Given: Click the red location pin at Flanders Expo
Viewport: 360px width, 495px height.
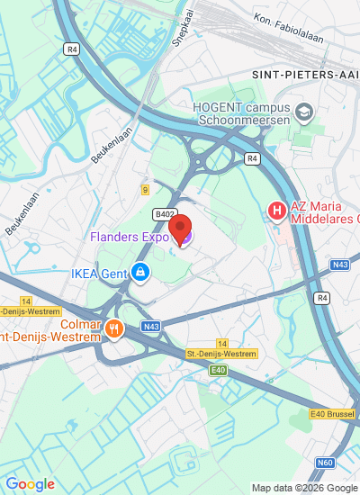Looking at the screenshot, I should (181, 229).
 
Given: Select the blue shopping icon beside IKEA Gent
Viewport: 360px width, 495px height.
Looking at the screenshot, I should (139, 271).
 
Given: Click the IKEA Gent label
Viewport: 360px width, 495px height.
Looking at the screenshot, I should (99, 272).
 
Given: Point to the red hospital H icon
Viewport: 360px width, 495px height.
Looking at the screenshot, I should (276, 211).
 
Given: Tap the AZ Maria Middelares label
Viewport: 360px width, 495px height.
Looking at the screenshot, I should (324, 211).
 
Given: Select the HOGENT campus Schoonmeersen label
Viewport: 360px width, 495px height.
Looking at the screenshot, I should (243, 112).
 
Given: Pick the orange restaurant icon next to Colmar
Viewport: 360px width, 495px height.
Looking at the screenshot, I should (112, 328).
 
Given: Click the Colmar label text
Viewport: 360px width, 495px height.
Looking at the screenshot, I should (82, 325).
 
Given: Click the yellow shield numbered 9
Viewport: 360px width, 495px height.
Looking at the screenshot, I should (145, 189).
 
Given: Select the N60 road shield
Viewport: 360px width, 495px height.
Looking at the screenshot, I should (325, 463).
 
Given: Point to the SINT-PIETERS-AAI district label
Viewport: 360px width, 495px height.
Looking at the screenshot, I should (304, 76).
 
